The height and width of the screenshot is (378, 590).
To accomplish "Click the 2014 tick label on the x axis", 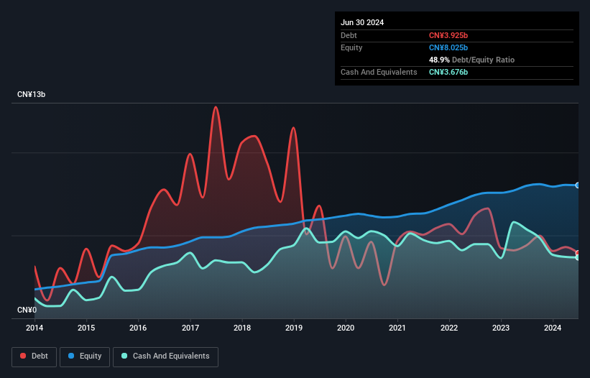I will tap(34, 328).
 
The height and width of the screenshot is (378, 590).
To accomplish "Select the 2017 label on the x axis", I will tap(190, 328).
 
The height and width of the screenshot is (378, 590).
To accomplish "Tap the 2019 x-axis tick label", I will tap(294, 328).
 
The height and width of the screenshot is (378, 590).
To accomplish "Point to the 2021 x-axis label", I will tap(397, 328).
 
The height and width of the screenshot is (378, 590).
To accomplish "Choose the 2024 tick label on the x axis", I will tap(553, 328).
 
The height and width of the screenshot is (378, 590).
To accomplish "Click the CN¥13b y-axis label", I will tap(32, 95).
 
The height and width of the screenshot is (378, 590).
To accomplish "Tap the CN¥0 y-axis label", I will tap(27, 310).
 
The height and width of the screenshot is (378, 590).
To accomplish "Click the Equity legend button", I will tap(85, 356).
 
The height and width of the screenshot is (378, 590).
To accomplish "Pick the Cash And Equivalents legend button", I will tap(165, 356).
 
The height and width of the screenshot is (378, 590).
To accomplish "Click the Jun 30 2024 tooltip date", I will tap(362, 22).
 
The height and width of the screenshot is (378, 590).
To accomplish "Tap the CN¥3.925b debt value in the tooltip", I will tap(448, 35).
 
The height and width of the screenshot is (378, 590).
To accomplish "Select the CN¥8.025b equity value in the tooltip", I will tap(448, 47).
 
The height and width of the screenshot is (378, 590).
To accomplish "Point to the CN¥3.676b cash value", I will tap(448, 72).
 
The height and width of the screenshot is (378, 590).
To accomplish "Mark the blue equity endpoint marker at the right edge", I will tap(578, 185).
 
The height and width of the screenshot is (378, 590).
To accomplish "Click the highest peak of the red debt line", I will tap(215, 107).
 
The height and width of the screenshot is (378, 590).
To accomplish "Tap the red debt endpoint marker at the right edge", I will tap(578, 253).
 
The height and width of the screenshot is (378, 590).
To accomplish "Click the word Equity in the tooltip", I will tap(351, 47).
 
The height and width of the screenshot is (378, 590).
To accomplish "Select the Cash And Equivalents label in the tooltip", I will tap(379, 72).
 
